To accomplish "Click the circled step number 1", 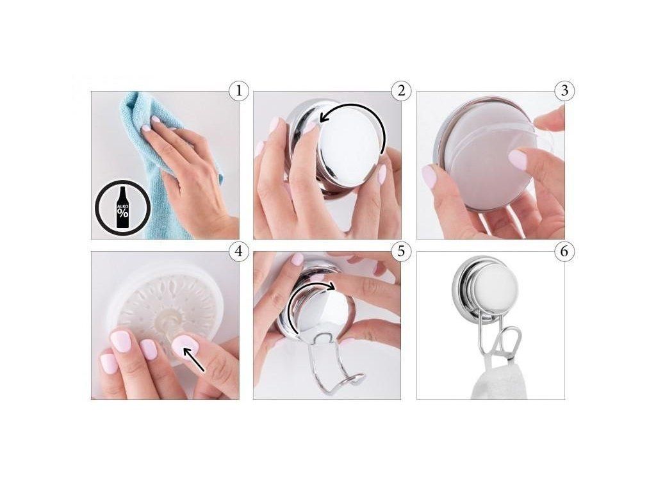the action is (239, 91).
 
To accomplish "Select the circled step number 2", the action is (401, 91).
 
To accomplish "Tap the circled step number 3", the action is (564, 91).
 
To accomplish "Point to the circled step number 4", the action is (239, 251).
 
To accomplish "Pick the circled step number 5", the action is (401, 251).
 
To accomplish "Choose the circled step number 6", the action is (564, 251).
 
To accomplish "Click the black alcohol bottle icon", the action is (122, 208).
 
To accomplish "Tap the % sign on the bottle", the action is (122, 213).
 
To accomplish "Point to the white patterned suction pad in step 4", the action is (165, 309).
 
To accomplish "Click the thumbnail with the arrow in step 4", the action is (185, 347).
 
